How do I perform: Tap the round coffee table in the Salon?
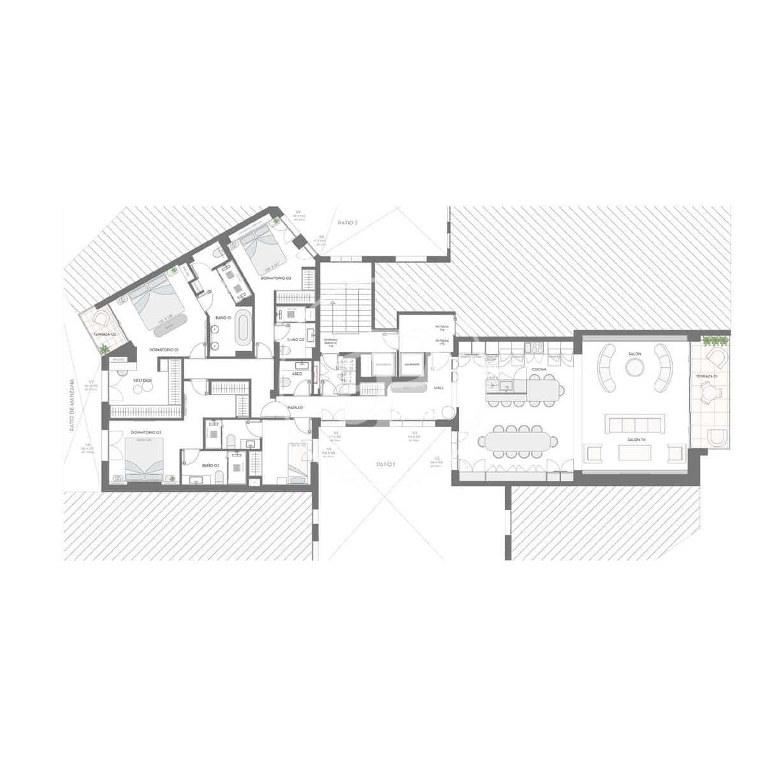pyautogui.click(x=635, y=366)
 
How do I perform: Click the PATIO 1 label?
pyautogui.click(x=385, y=465)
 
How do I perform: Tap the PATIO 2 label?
pyautogui.click(x=347, y=223)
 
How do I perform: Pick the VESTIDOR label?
pyautogui.click(x=142, y=380)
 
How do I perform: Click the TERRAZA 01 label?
pyautogui.click(x=706, y=377)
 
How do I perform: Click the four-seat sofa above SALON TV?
pyautogui.click(x=634, y=423)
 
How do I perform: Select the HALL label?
pyautogui.click(x=439, y=388)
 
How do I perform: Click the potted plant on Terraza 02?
pyautogui.click(x=105, y=349)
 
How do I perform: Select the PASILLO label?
pyautogui.click(x=294, y=407)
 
